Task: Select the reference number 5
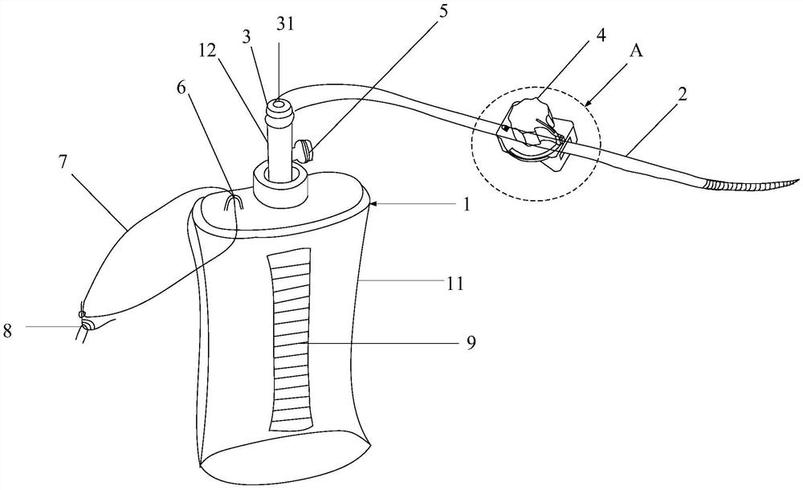pyautogui.click(x=442, y=11)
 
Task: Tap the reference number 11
pyautogui.click(x=454, y=283)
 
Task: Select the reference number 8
pyautogui.click(x=7, y=331)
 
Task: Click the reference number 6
pyautogui.click(x=182, y=88)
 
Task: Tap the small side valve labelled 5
pyautogui.click(x=304, y=151)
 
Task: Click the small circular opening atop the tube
pyautogui.click(x=278, y=104)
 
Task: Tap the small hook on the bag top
pyautogui.click(x=233, y=202)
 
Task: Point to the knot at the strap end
pyautogui.click(x=83, y=321)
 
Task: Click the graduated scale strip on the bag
pyautogui.click(x=290, y=339)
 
